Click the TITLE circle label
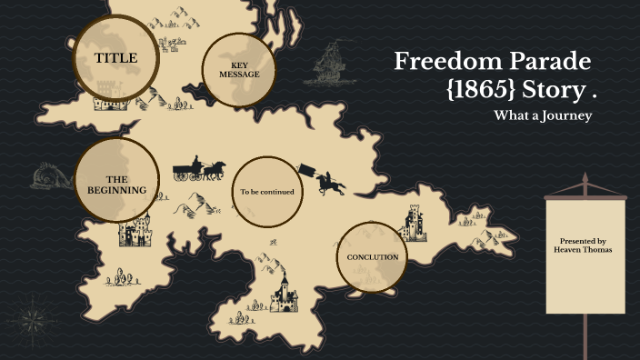[115, 58]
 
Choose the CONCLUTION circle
[373, 257]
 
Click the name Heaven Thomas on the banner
[584, 249]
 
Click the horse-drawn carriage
[198, 170]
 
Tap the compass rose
[35, 319]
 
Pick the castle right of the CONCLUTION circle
[414, 223]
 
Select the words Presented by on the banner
[584, 241]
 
